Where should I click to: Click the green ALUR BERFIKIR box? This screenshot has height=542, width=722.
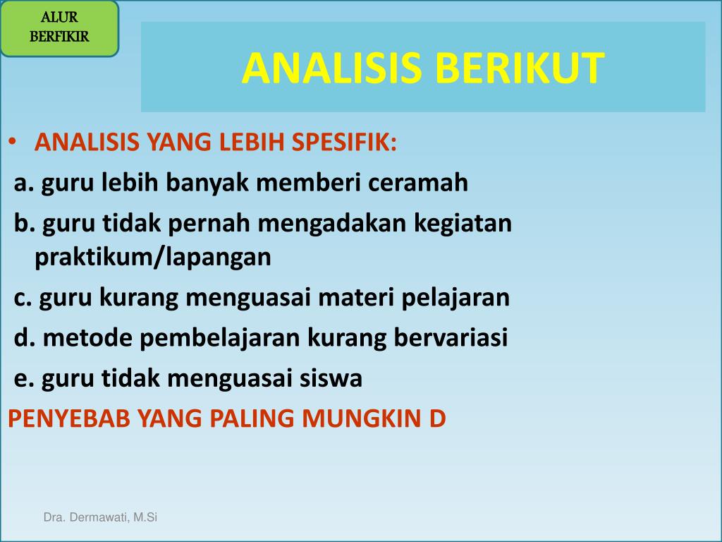pyautogui.click(x=59, y=28)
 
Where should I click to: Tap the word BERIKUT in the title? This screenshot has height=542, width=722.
pyautogui.click(x=520, y=68)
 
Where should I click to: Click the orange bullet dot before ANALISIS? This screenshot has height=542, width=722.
pyautogui.click(x=13, y=141)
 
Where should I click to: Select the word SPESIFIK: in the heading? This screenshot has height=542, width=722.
pyautogui.click(x=344, y=141)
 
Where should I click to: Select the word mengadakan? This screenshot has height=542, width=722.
pyautogui.click(x=332, y=224)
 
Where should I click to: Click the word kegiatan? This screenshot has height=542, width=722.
pyautogui.click(x=463, y=224)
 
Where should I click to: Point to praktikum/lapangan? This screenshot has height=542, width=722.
pyautogui.click(x=153, y=257)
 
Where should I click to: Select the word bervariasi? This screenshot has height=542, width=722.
pyautogui.click(x=451, y=338)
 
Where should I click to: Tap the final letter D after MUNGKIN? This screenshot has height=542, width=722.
pyautogui.click(x=437, y=418)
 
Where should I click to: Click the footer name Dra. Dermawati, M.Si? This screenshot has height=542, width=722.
pyautogui.click(x=100, y=517)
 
